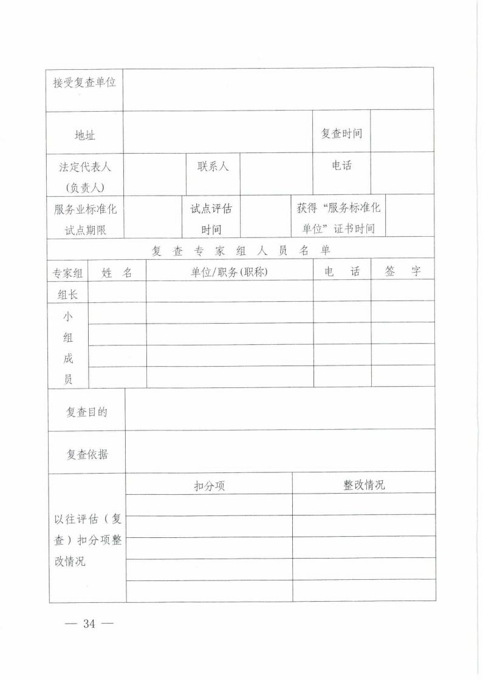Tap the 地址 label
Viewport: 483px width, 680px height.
[x=84, y=135]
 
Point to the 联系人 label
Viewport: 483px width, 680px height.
[x=213, y=166]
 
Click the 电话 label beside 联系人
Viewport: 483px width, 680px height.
[x=341, y=165]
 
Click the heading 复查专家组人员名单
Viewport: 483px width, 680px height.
[x=241, y=250]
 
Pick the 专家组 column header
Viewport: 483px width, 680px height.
[x=67, y=273]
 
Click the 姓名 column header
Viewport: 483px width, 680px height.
[x=117, y=273]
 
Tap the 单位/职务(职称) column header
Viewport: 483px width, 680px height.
[x=229, y=273]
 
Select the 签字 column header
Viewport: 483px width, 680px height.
[x=402, y=271]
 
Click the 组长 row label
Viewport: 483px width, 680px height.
[x=67, y=294]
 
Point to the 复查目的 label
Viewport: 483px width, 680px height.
[x=87, y=412]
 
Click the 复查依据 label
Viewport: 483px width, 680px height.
[x=87, y=454]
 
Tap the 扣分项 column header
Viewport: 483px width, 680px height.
[x=209, y=486]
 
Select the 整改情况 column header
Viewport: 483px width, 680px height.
[x=363, y=484]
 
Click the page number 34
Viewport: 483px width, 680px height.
[x=90, y=624]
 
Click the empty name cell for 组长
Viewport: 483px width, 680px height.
[x=117, y=291]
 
